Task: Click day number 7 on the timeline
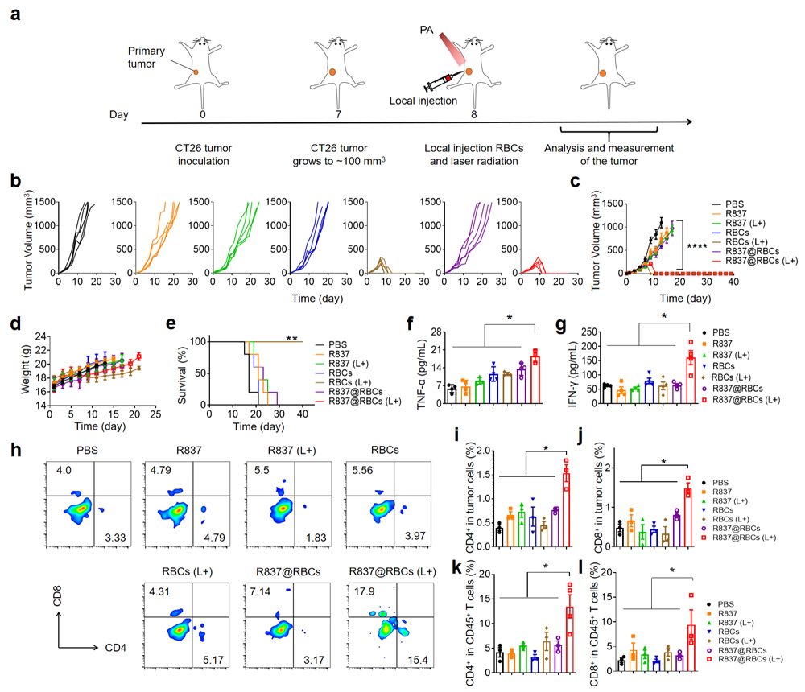338,114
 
